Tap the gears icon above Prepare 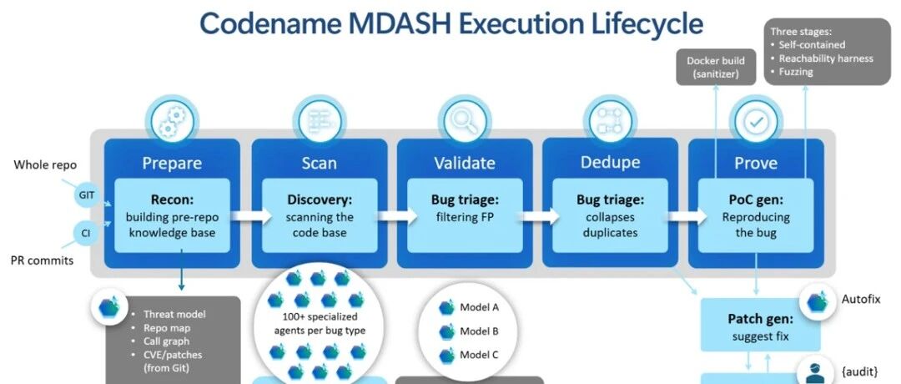click(171, 121)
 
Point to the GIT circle click(84, 195)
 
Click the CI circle click(84, 234)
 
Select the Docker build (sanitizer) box click(716, 67)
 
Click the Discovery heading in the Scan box click(319, 201)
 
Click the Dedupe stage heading click(610, 162)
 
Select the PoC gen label click(755, 201)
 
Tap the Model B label click(479, 331)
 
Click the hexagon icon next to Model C click(447, 356)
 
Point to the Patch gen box click(760, 325)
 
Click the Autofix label click(861, 300)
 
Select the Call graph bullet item click(167, 341)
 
